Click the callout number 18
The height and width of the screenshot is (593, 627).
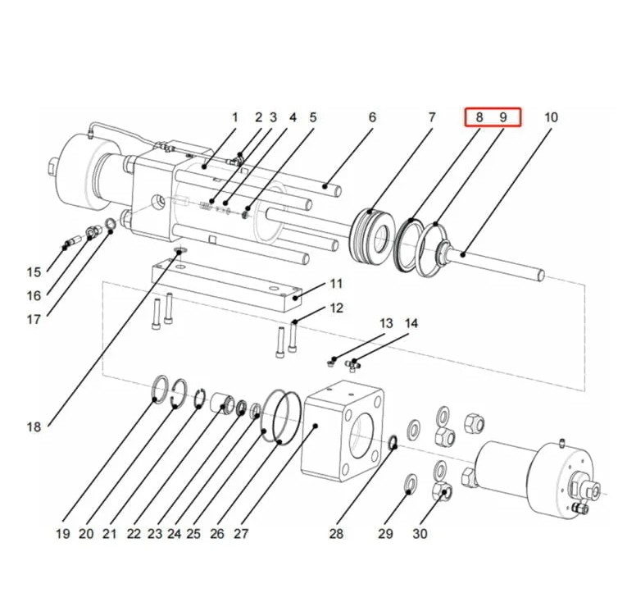pyautogui.click(x=34, y=427)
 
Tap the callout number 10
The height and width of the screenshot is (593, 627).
pyautogui.click(x=551, y=117)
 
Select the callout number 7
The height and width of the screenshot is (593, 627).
pyautogui.click(x=432, y=117)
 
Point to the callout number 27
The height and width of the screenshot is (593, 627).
pyautogui.click(x=241, y=533)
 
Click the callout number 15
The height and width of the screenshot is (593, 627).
pyautogui.click(x=34, y=272)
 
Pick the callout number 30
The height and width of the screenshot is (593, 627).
pyautogui.click(x=420, y=533)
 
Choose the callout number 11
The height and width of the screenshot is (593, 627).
pyautogui.click(x=336, y=284)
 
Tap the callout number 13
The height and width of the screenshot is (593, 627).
pyautogui.click(x=386, y=323)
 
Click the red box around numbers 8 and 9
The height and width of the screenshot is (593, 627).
pyautogui.click(x=493, y=116)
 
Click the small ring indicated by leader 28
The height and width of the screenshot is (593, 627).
pyautogui.click(x=393, y=441)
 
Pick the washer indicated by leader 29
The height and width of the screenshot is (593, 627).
pyautogui.click(x=411, y=483)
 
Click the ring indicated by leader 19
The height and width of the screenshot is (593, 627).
pyautogui.click(x=161, y=390)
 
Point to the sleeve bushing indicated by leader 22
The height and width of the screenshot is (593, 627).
pyautogui.click(x=223, y=403)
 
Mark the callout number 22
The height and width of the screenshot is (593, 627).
pyautogui.click(x=134, y=533)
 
